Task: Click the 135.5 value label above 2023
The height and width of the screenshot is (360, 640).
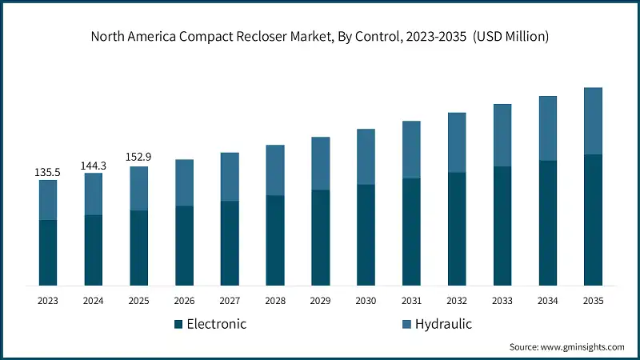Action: pyautogui.click(x=48, y=172)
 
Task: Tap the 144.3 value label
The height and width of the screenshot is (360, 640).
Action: pyautogui.click(x=94, y=166)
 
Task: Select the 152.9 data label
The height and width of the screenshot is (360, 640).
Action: pyautogui.click(x=139, y=158)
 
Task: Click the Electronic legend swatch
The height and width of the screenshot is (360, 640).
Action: pyautogui.click(x=178, y=324)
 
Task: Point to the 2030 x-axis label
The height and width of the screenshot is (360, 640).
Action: pyautogui.click(x=366, y=301)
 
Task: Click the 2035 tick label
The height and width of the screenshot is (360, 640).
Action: pyautogui.click(x=593, y=301)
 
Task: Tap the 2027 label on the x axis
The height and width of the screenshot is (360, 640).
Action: pyautogui.click(x=230, y=301)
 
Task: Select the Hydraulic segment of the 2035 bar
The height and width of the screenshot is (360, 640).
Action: pyautogui.click(x=593, y=121)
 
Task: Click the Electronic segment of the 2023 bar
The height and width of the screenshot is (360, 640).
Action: pyautogui.click(x=48, y=253)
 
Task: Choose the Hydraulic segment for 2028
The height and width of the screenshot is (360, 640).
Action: pyautogui.click(x=275, y=170)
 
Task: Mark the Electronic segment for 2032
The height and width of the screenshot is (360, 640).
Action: pyautogui.click(x=457, y=229)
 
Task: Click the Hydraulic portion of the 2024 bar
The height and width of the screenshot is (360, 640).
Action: pyautogui.click(x=94, y=194)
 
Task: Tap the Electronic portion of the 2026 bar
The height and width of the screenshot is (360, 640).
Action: pyautogui.click(x=184, y=246)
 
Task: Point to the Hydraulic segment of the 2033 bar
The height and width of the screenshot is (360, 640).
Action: pyautogui.click(x=502, y=135)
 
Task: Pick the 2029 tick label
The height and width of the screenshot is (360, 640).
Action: pyautogui.click(x=320, y=301)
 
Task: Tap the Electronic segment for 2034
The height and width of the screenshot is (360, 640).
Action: pyautogui.click(x=547, y=223)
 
